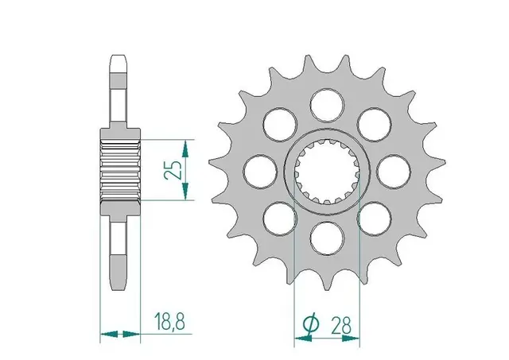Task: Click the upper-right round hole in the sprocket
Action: (371, 122)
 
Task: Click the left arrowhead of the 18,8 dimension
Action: (106, 335)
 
